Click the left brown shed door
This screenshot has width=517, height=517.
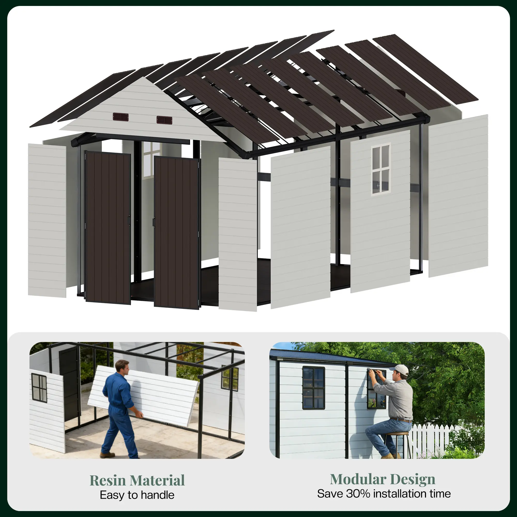pyautogui.click(x=108, y=228)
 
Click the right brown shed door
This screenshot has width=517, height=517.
pyautogui.click(x=177, y=233)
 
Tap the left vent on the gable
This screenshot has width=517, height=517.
pyautogui.click(x=120, y=117)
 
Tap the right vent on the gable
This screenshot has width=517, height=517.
pyautogui.click(x=164, y=120)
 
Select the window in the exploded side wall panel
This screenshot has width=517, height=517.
pyautogui.click(x=381, y=169)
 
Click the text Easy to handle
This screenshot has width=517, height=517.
pyautogui.click(x=137, y=495)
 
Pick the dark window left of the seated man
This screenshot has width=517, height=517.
pyautogui.click(x=314, y=388)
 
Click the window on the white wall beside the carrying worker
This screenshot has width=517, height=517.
pyautogui.click(x=39, y=388)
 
